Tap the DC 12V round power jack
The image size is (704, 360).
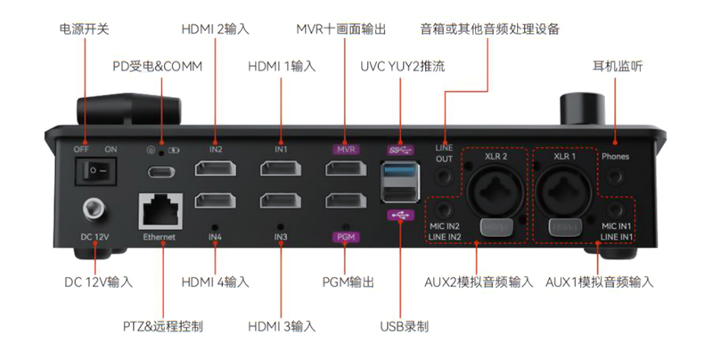coord(93,211)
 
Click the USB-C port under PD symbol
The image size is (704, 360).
coord(160,171)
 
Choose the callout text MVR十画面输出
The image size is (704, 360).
coord(341,29)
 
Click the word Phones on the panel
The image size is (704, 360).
coord(615,157)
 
